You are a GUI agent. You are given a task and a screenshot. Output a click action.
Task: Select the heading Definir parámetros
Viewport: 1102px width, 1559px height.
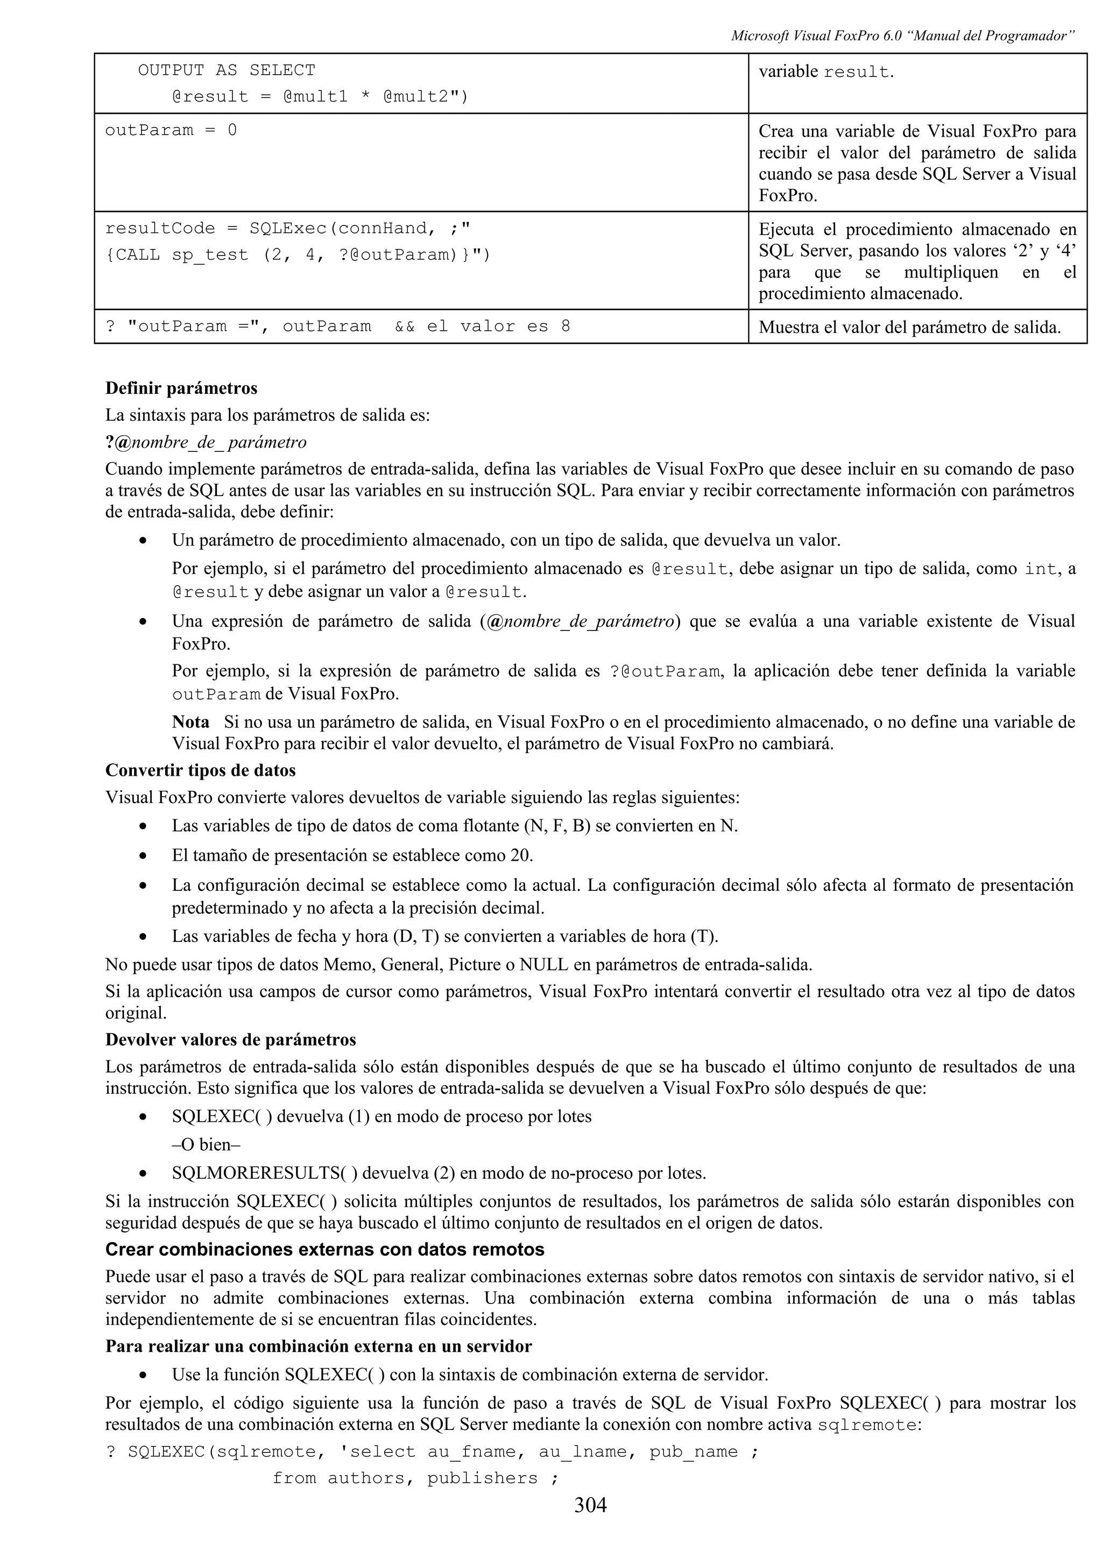(x=181, y=388)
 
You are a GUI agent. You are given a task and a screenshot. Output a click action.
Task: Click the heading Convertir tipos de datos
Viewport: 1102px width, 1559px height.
(x=200, y=771)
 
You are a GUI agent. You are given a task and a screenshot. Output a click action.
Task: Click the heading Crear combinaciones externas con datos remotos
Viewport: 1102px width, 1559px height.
(x=324, y=1250)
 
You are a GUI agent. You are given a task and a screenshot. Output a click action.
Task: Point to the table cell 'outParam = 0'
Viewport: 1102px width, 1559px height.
(x=171, y=130)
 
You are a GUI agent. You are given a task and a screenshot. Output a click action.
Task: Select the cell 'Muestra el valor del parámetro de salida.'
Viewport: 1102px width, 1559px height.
(x=909, y=327)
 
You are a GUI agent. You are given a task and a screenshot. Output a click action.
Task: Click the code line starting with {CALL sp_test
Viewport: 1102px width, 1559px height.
(x=298, y=256)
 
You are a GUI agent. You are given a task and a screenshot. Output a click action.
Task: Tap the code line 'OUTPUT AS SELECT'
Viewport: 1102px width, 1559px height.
(x=226, y=70)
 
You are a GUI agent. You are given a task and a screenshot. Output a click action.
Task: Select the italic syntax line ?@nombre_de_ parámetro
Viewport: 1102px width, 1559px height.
(x=206, y=443)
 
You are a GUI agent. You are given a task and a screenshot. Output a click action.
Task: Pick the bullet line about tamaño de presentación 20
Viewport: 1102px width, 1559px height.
(x=352, y=855)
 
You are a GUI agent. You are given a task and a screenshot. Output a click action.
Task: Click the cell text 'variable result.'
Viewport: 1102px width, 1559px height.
(x=825, y=72)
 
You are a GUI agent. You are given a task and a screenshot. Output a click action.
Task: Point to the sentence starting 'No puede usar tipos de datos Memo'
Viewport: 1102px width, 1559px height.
(x=458, y=964)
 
